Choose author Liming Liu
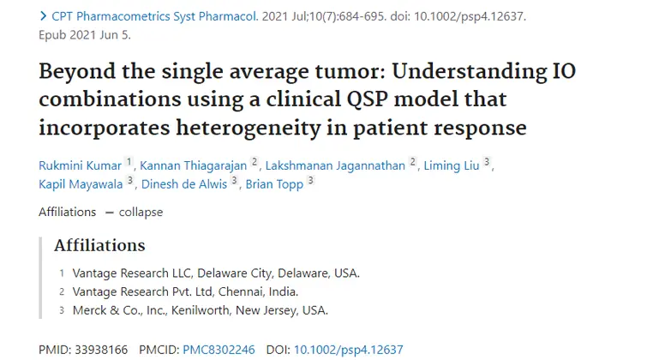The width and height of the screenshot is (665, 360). pyautogui.click(x=451, y=165)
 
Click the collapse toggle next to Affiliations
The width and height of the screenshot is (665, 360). pyautogui.click(x=140, y=212)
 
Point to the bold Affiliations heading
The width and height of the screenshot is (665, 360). pyautogui.click(x=99, y=246)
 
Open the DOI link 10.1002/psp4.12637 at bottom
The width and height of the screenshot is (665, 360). pyautogui.click(x=348, y=350)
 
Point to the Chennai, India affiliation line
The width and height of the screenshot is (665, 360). pyautogui.click(x=185, y=291)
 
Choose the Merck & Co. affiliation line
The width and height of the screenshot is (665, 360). pyautogui.click(x=200, y=310)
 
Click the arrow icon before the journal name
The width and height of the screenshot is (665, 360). pyautogui.click(x=43, y=16)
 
